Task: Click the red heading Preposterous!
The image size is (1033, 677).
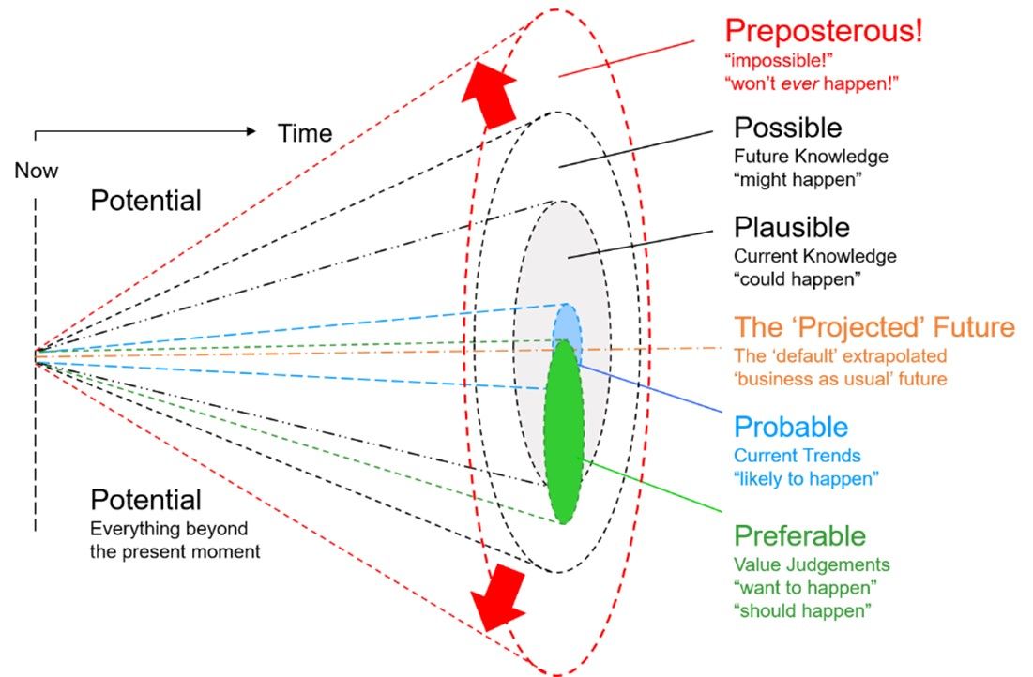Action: click(823, 31)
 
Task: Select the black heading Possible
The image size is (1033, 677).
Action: click(787, 128)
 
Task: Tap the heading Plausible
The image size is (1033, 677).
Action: click(791, 228)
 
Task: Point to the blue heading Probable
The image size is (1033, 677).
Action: click(791, 428)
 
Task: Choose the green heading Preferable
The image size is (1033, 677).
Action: click(799, 535)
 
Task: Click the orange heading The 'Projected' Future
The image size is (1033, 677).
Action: click(874, 327)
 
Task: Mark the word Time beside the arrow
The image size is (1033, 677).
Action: click(305, 133)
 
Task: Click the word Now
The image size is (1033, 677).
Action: click(36, 171)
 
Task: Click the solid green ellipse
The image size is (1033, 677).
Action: click(564, 431)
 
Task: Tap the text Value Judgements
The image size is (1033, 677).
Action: click(812, 564)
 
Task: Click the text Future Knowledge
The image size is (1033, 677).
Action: click(811, 156)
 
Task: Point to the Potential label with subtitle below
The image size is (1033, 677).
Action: click(145, 499)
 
